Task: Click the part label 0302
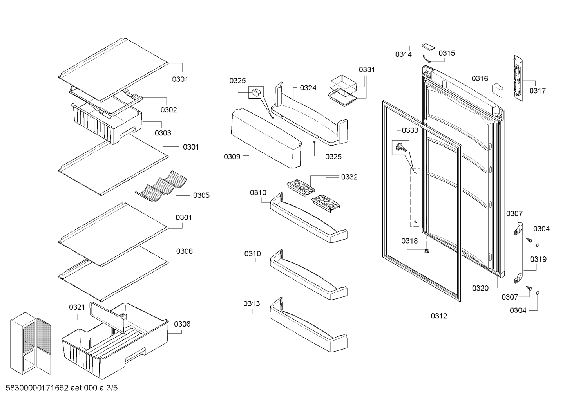click(x=169, y=110)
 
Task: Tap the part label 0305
click(x=201, y=195)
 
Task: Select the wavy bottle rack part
click(x=161, y=186)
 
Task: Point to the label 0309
click(x=232, y=157)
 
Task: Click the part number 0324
click(x=308, y=88)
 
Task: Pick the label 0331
click(x=367, y=70)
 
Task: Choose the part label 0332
click(x=350, y=177)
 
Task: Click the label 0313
click(x=252, y=303)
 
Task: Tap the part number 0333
click(x=410, y=130)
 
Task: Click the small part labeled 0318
click(x=427, y=251)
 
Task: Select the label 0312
click(x=439, y=316)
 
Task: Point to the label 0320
click(x=480, y=288)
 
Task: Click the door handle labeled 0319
click(x=518, y=253)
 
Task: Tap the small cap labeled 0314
click(x=428, y=47)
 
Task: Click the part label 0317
click(x=538, y=91)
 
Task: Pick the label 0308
click(x=182, y=324)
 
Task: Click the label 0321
click(x=77, y=307)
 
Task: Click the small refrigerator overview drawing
click(x=31, y=343)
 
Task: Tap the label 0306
click(x=185, y=251)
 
